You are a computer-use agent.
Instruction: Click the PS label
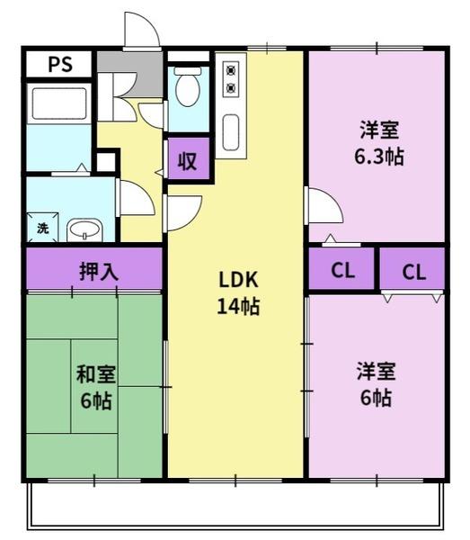click(x=60, y=64)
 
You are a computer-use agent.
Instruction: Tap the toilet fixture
click(x=188, y=86)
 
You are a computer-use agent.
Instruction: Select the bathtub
click(x=59, y=103)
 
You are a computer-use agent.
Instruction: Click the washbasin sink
click(x=84, y=230)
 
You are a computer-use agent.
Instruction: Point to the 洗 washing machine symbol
click(x=42, y=228)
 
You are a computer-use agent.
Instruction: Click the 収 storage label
click(x=188, y=160)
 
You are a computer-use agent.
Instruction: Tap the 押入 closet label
click(x=99, y=272)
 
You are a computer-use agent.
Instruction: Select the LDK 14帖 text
click(x=238, y=292)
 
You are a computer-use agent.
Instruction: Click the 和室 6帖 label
click(x=95, y=387)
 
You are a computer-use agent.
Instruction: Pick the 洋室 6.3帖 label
click(x=379, y=143)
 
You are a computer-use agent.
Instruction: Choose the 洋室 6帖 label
click(x=377, y=384)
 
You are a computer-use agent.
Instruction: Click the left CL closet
click(x=341, y=269)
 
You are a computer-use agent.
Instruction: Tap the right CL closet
click(x=412, y=269)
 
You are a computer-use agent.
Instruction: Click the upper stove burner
click(x=231, y=71)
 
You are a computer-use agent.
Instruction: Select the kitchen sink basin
click(x=231, y=133)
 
